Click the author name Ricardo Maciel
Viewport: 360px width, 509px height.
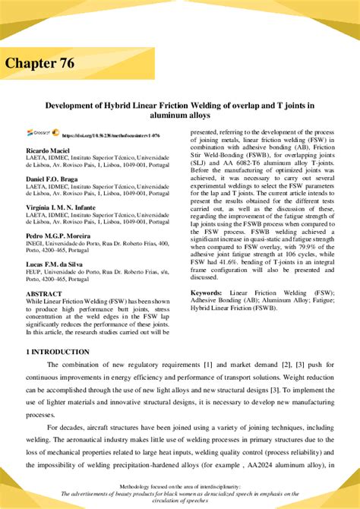[x=48, y=150]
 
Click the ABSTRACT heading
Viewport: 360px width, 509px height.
[x=44, y=292]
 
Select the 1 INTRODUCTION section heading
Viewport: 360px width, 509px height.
[x=58, y=352]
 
